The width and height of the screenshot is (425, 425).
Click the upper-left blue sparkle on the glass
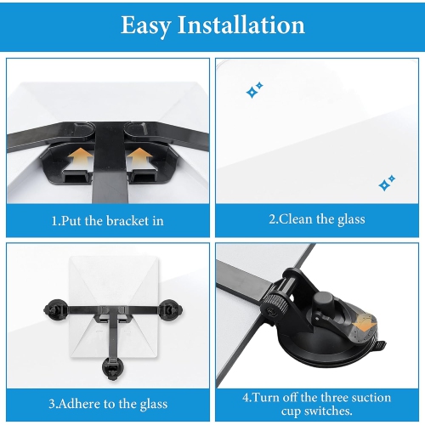[x=254, y=89]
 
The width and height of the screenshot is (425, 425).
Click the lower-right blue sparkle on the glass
[x=387, y=183]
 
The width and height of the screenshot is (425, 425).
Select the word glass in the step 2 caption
[x=349, y=219]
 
